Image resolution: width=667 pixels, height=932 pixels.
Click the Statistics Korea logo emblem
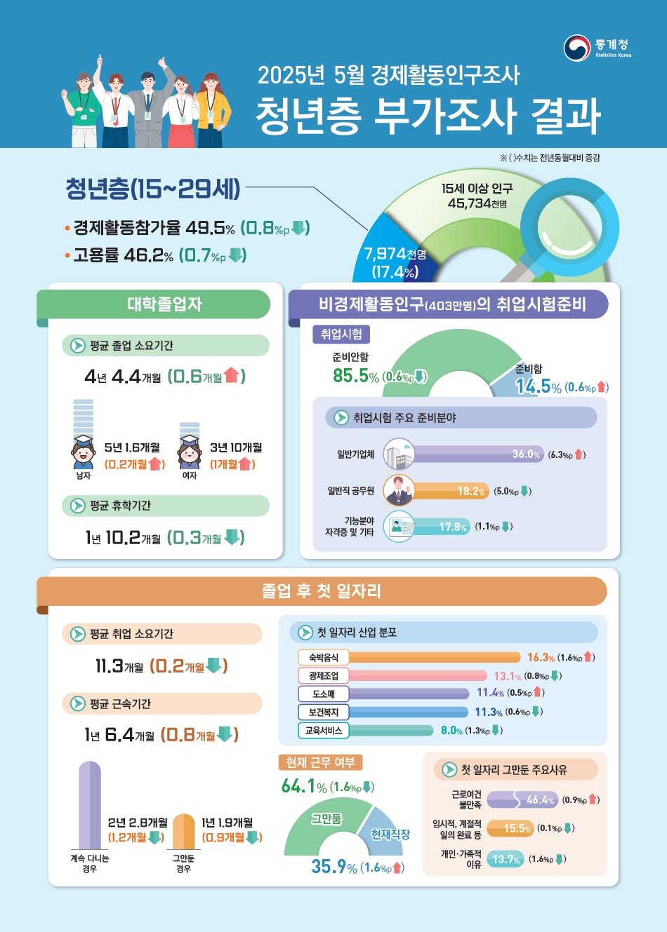coord(577,48)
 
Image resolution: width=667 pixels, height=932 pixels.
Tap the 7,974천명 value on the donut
coord(395,254)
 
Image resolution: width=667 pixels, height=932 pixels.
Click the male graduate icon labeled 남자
coord(83,452)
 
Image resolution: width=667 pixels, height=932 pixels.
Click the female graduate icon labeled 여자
coord(189,452)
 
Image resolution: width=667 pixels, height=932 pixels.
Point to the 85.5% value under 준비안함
coord(355,376)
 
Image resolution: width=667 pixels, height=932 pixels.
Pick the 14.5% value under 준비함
coord(538,386)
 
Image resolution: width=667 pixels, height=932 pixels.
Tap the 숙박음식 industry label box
coord(323,657)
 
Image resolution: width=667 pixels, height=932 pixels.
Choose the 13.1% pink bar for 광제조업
coord(418,676)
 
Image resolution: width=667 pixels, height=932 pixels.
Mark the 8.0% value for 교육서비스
coord(451,731)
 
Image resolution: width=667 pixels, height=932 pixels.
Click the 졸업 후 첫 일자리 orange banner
coord(322,591)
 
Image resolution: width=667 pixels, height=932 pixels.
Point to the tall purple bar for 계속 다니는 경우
coord(90,806)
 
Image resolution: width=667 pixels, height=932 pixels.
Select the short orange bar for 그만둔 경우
coord(183,832)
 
